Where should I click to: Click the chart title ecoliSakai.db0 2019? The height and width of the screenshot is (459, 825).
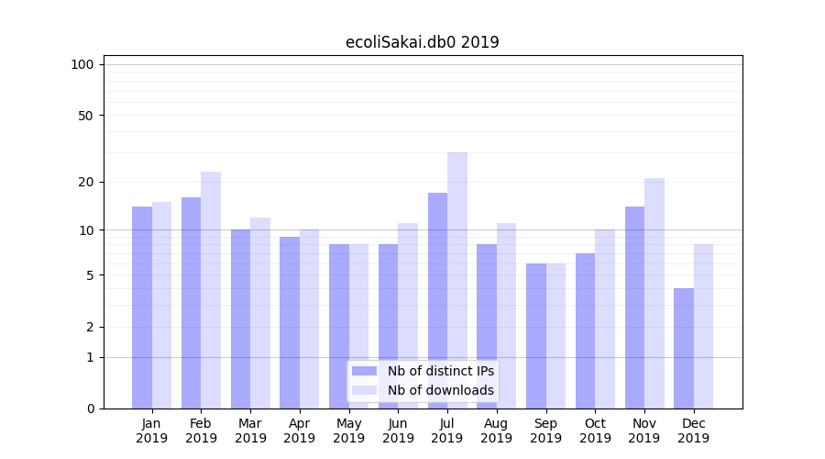point(422,42)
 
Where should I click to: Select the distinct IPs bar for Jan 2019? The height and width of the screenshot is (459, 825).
point(142,308)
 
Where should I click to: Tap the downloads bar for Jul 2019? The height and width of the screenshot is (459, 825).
point(457,280)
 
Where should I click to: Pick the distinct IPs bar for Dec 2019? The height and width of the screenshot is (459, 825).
point(684,349)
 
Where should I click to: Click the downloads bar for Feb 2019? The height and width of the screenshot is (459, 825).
point(211,290)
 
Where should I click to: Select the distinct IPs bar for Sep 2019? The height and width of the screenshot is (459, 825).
point(536,336)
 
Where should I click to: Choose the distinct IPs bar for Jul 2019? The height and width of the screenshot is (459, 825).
point(437,300)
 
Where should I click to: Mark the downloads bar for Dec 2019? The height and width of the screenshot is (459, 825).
point(703,326)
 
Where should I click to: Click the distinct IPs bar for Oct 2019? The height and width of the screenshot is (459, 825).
point(586,330)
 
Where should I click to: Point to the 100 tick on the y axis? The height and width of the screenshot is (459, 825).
point(82,64)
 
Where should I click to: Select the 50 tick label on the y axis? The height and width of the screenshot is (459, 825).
point(85,116)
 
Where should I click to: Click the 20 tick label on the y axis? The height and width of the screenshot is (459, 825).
point(85,182)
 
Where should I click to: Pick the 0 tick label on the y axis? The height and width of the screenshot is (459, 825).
point(90,409)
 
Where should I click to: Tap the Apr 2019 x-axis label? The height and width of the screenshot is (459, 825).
point(300,431)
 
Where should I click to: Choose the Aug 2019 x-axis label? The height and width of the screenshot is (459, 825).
point(497,431)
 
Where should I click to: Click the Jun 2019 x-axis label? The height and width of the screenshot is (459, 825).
point(398,431)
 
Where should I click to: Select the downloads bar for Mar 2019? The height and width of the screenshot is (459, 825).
point(260,313)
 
